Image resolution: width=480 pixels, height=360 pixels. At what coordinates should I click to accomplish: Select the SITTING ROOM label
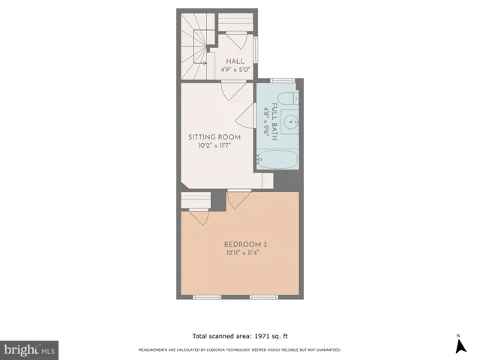pos(214,137)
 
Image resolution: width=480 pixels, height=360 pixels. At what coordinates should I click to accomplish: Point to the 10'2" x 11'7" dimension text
pos(214,147)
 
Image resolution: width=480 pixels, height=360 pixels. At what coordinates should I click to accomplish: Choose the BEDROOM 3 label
pos(245,244)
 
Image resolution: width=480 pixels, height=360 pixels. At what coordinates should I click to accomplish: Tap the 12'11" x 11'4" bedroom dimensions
pos(245,253)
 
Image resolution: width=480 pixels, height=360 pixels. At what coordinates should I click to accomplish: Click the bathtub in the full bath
pos(277,159)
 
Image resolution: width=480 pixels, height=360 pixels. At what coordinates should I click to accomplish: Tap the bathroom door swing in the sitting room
pos(247,113)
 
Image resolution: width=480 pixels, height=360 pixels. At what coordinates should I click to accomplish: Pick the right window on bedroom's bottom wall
pos(264,297)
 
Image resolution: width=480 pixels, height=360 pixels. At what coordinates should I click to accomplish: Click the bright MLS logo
pos(29,350)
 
